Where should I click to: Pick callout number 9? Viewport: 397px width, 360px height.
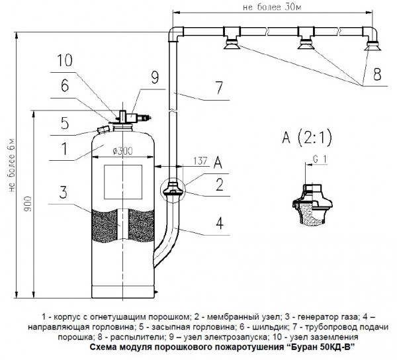click(154, 78)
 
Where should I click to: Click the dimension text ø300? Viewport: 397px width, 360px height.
click(123, 151)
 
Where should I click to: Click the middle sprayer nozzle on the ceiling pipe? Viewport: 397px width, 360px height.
click(306, 46)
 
